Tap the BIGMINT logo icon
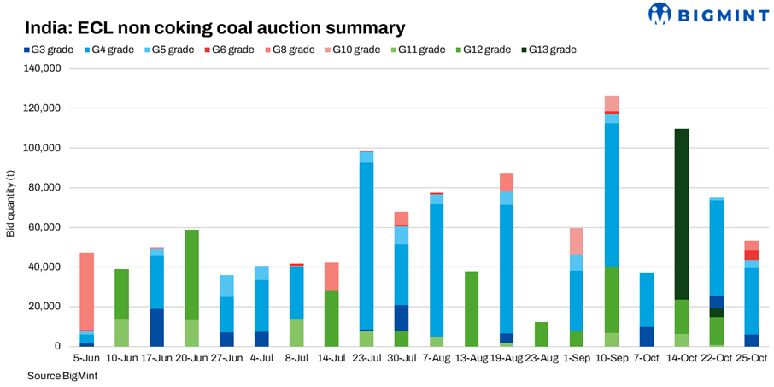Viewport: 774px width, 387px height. (x=660, y=14)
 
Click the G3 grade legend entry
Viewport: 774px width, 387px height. (x=49, y=50)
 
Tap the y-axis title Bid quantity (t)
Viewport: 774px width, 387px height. (x=10, y=204)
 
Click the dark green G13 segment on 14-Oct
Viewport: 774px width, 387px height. (x=681, y=214)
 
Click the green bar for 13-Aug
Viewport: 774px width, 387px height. (x=472, y=308)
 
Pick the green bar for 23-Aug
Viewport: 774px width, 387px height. (x=542, y=334)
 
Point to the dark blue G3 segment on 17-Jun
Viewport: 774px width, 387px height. (x=156, y=327)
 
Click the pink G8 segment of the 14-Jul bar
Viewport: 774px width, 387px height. (x=331, y=277)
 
